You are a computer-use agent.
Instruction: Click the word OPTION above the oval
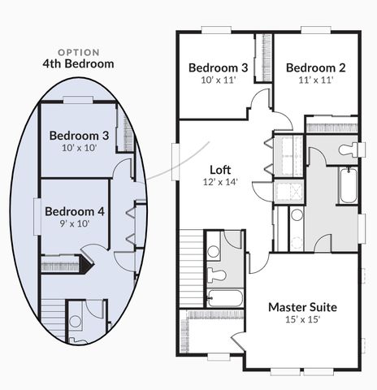click(79, 52)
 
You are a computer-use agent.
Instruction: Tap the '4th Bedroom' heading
click(78, 64)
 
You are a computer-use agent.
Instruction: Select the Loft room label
click(220, 170)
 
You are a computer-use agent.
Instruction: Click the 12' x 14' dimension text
click(220, 182)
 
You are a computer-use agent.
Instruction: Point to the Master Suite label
click(303, 307)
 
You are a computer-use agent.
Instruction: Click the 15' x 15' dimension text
click(303, 319)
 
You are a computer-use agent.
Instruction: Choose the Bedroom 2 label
click(316, 67)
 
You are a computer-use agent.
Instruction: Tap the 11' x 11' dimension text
click(316, 80)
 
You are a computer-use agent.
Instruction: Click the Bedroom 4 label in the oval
click(75, 211)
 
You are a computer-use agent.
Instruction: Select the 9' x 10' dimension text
click(75, 223)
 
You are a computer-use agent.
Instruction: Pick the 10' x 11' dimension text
click(219, 80)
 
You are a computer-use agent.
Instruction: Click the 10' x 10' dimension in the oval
click(80, 148)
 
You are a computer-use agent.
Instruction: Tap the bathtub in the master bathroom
click(349, 185)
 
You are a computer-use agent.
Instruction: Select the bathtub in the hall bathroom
click(225, 298)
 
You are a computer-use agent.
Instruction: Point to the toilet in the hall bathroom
click(217, 275)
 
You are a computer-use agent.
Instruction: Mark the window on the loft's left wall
click(175, 162)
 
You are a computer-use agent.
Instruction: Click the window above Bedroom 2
click(316, 30)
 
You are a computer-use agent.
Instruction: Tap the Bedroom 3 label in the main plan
click(219, 67)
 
